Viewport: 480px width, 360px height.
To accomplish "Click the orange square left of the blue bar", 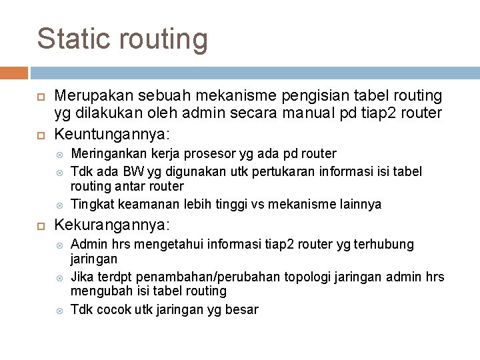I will (14, 72).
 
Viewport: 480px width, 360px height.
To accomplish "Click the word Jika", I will (83, 277).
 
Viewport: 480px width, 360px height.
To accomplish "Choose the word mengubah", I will (99, 291).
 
